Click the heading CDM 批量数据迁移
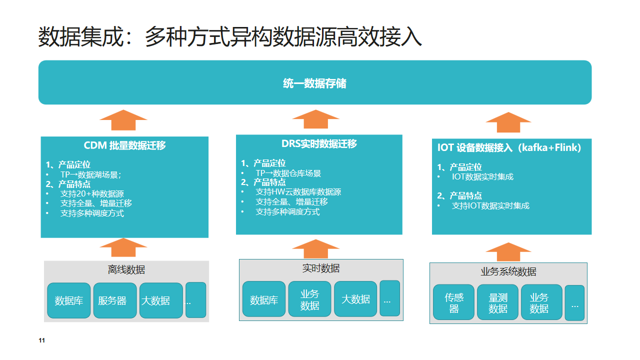[x=125, y=146]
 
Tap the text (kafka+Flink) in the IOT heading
[x=550, y=148]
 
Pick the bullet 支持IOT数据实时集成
[x=490, y=206]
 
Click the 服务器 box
[x=112, y=300]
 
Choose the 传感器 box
[x=454, y=302]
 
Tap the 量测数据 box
[x=498, y=302]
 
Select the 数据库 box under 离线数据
[x=68, y=300]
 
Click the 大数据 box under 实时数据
[x=355, y=299]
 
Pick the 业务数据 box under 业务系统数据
[x=540, y=302]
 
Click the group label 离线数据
[x=126, y=270]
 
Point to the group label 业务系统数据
[x=508, y=272]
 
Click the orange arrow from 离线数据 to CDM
[x=126, y=246]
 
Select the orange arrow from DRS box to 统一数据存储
[x=319, y=120]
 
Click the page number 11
[x=42, y=342]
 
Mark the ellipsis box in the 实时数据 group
[x=389, y=297]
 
